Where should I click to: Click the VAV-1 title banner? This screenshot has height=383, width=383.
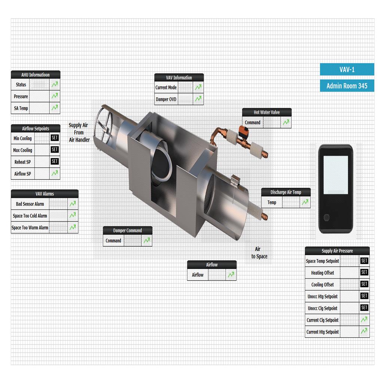coord(347,69)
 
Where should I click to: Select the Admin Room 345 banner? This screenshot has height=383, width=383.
coord(347,86)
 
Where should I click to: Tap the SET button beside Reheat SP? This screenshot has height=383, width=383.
coord(55,161)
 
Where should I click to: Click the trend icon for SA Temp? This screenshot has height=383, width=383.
coord(55,108)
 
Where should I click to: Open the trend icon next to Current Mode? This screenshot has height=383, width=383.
coord(198,87)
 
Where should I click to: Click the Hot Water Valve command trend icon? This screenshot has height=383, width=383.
coord(286,122)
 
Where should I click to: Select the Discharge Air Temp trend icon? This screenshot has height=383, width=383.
coord(305,202)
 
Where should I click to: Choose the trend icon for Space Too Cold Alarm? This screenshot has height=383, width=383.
coord(73,215)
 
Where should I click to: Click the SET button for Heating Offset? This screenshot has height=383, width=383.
coord(364,272)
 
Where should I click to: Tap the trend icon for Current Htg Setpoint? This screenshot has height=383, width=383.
coord(364,331)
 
